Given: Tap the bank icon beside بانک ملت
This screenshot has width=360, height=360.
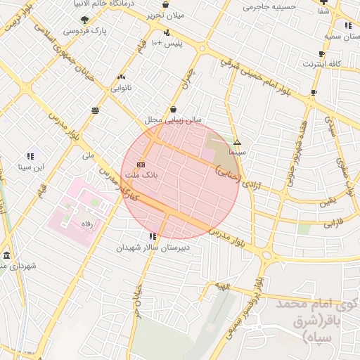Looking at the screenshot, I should pos(141,164).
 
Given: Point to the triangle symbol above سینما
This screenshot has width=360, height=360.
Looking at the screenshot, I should pos(237,142).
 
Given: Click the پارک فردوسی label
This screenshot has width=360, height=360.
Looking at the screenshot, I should pos(81,31).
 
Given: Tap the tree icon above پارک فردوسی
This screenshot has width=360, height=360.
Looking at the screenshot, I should pos(85,20).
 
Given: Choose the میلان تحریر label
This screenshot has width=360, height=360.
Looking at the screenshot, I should pos(168,15).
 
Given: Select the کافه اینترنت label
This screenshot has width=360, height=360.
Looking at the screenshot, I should pos(322,63).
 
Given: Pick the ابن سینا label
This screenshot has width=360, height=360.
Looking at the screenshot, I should pos(31,167).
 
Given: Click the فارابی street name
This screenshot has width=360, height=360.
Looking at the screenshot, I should pos(333,225).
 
